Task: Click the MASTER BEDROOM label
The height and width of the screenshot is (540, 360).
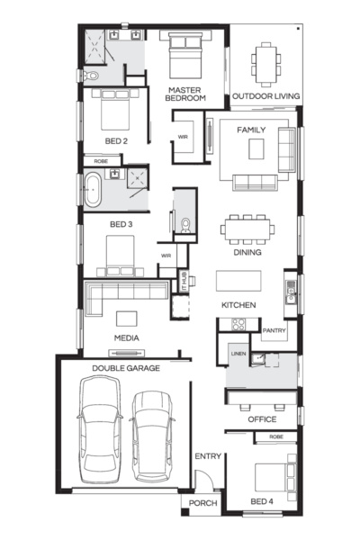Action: point(185,94)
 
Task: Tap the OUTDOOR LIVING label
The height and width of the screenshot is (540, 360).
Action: point(266,96)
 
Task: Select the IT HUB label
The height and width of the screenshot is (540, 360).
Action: point(184,281)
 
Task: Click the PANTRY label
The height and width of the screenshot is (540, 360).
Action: point(274,330)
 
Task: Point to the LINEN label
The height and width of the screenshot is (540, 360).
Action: point(238,354)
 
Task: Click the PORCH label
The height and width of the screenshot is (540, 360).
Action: point(202,503)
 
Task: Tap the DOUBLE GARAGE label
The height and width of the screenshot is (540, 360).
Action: point(126,368)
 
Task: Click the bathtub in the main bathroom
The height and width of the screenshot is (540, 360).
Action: point(93,190)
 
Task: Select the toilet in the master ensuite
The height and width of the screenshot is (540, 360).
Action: point(91,76)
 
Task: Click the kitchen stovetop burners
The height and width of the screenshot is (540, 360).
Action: point(238,324)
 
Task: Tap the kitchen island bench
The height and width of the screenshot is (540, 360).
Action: point(238,281)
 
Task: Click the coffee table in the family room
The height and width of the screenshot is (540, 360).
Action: point(256,148)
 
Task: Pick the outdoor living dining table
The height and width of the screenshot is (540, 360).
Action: point(265,65)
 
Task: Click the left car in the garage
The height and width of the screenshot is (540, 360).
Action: point(100,429)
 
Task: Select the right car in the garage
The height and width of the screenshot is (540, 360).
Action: point(152,436)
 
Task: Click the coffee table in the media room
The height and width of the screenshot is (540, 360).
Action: point(126,319)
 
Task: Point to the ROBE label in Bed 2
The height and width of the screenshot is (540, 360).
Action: point(101,161)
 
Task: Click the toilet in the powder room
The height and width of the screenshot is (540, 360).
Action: point(185,224)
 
